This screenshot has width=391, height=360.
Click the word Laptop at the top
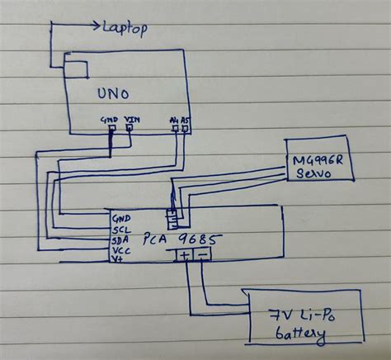point(125,29)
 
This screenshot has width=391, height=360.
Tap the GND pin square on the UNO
point(111,129)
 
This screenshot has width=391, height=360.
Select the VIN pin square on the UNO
point(130,129)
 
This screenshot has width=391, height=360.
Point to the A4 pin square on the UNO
point(174,129)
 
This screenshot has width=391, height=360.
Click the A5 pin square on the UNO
point(186,129)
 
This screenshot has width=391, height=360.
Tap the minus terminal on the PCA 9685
point(204,254)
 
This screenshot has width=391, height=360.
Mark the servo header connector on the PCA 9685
point(172,218)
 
